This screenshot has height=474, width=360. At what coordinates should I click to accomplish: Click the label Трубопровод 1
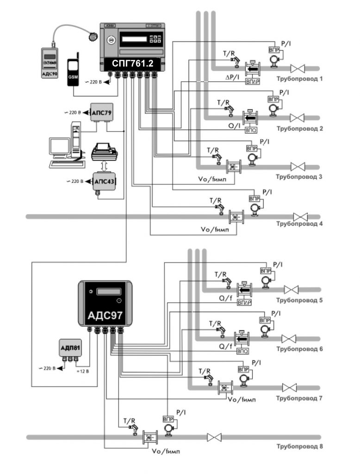[x=299, y=79]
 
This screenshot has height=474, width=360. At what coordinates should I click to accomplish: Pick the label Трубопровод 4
[x=299, y=224]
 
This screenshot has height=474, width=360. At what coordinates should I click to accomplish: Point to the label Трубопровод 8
[x=299, y=447]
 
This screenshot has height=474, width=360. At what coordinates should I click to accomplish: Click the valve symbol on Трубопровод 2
[x=297, y=118]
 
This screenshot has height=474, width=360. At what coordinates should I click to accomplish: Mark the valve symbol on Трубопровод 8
[x=214, y=437]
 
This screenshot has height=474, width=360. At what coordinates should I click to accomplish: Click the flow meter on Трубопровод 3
[x=233, y=166]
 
